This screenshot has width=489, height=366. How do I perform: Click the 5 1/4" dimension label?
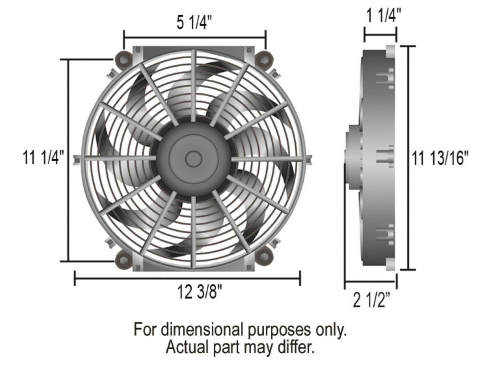(194, 24)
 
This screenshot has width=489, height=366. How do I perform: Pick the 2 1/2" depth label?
(371, 301)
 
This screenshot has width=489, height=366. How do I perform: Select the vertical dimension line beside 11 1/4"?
(69, 160)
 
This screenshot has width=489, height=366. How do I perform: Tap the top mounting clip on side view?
(385, 81)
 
